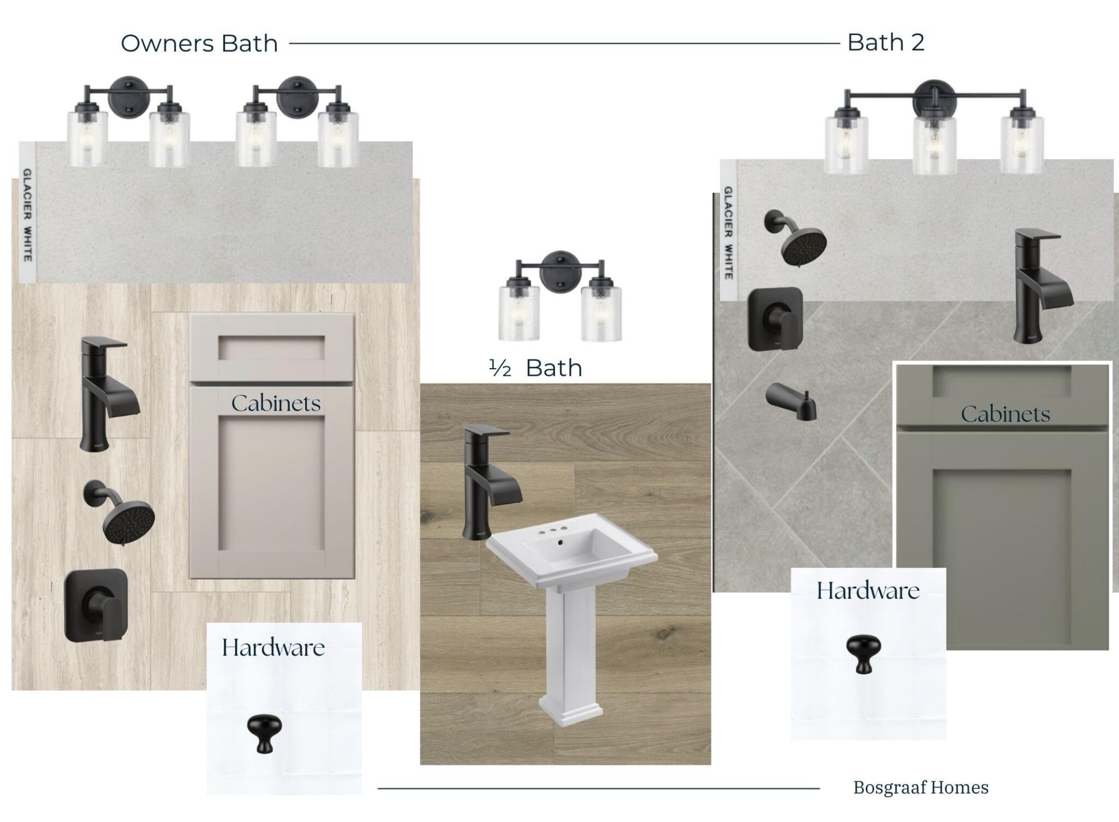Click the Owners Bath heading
pyautogui.click(x=199, y=44)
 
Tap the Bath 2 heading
pyautogui.click(x=886, y=43)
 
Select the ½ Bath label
pyautogui.click(x=535, y=368)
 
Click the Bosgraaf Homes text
pyautogui.click(x=921, y=788)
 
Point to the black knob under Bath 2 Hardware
pyautogui.click(x=864, y=653)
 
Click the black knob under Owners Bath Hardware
pyautogui.click(x=264, y=734)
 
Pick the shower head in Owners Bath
pyautogui.click(x=120, y=512)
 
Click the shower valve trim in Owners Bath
pyautogui.click(x=96, y=605)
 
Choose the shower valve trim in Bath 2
pyautogui.click(x=775, y=319)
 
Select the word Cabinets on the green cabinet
pyautogui.click(x=1005, y=414)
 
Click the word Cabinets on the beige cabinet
pyautogui.click(x=276, y=403)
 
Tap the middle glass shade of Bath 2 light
pyautogui.click(x=935, y=143)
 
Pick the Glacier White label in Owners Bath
pyautogui.click(x=27, y=215)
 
